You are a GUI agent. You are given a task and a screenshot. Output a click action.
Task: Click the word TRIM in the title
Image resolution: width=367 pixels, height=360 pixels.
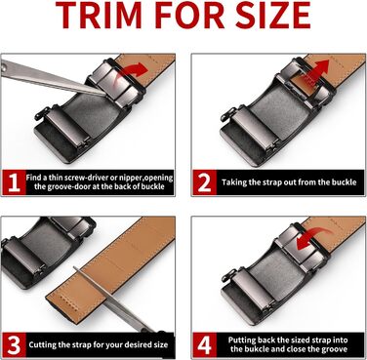pos(99,15)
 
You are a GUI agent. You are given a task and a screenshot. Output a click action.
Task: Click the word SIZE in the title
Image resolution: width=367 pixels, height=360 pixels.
pos(272,15)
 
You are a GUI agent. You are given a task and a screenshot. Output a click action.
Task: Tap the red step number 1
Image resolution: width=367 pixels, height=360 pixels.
pos(14,182)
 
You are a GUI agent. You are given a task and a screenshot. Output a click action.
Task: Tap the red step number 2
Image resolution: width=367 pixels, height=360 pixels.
pos(204,182)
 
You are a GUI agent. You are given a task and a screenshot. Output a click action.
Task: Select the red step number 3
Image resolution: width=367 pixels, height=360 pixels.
pos(14,344)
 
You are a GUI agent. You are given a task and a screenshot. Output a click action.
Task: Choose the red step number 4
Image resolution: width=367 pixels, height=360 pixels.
pos(204,344)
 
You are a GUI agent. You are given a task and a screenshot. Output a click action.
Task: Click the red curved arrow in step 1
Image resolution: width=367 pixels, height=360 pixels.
pos(133,71)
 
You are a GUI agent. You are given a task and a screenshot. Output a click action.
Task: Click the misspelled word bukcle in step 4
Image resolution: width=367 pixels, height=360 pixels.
pos(256,349)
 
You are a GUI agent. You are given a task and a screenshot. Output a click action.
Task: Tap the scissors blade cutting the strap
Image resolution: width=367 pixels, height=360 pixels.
pos(107,296)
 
